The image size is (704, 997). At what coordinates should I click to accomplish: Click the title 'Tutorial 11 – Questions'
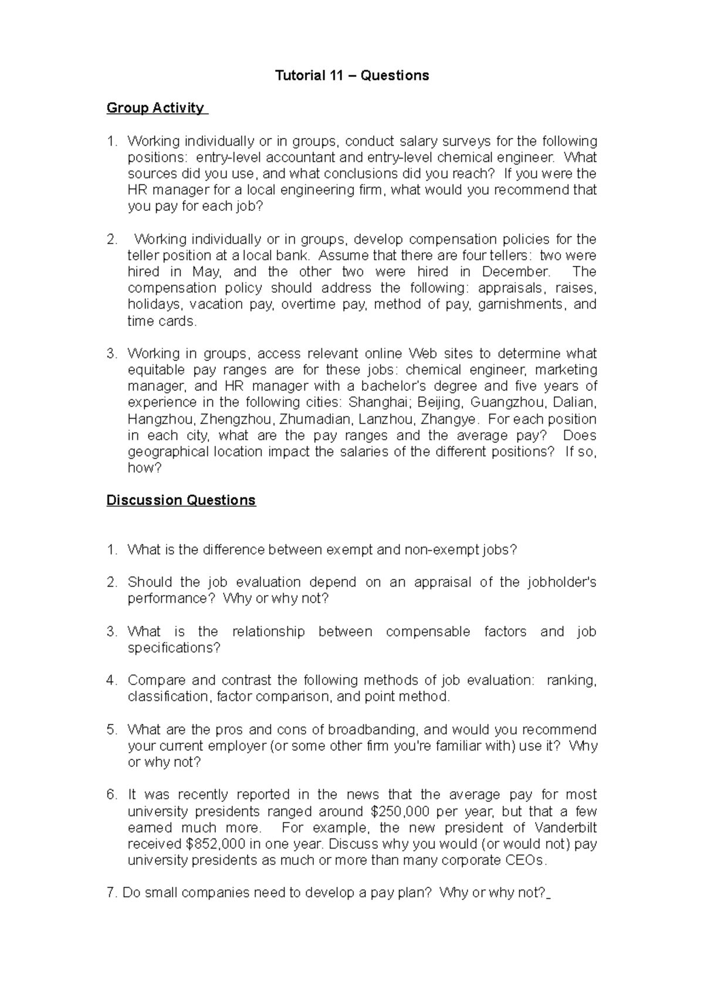click(x=352, y=75)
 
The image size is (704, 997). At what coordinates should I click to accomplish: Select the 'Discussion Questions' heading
click(x=181, y=500)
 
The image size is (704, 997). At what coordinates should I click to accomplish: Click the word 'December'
click(x=516, y=272)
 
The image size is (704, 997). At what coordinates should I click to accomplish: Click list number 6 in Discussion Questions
click(x=111, y=795)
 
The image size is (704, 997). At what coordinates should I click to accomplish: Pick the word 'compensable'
click(x=428, y=632)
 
